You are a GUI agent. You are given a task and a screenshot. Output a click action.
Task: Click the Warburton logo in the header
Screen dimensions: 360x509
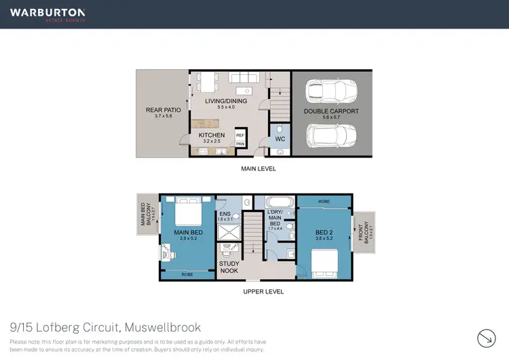coord(48,14)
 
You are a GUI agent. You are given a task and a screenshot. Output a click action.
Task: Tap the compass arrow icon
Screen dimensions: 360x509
coord(487,338)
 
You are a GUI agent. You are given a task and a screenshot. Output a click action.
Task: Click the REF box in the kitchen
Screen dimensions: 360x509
coord(240,135)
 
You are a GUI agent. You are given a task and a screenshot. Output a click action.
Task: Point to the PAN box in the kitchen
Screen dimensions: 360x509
coord(240,143)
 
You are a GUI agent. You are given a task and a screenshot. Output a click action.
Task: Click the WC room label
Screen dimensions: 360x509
coord(280,139)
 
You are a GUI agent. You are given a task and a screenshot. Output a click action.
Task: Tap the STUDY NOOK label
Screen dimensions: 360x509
coord(228,268)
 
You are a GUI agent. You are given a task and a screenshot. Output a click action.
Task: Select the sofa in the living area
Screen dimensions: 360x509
coord(244,78)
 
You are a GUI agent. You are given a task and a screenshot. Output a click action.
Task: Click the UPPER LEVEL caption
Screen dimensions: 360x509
coord(263,291)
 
